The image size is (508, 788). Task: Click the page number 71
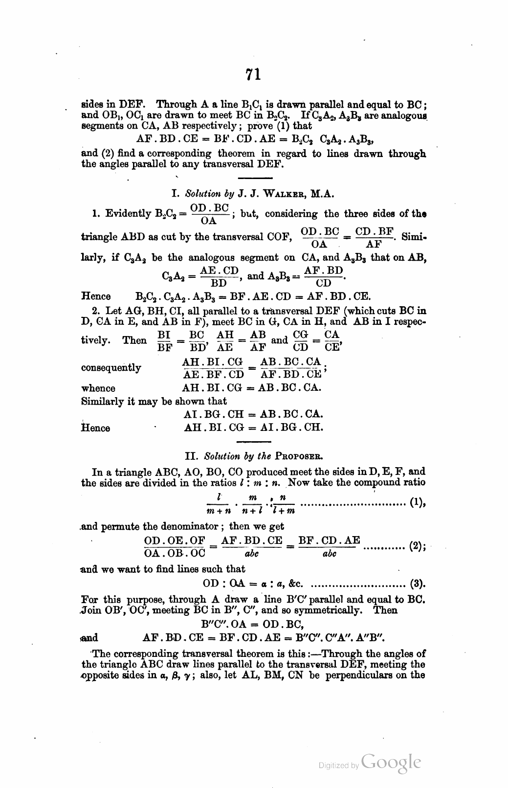coord(253,74)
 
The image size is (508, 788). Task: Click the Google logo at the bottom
coord(392,763)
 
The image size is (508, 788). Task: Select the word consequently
coord(111,367)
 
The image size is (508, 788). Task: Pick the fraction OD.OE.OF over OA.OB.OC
coord(175,547)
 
